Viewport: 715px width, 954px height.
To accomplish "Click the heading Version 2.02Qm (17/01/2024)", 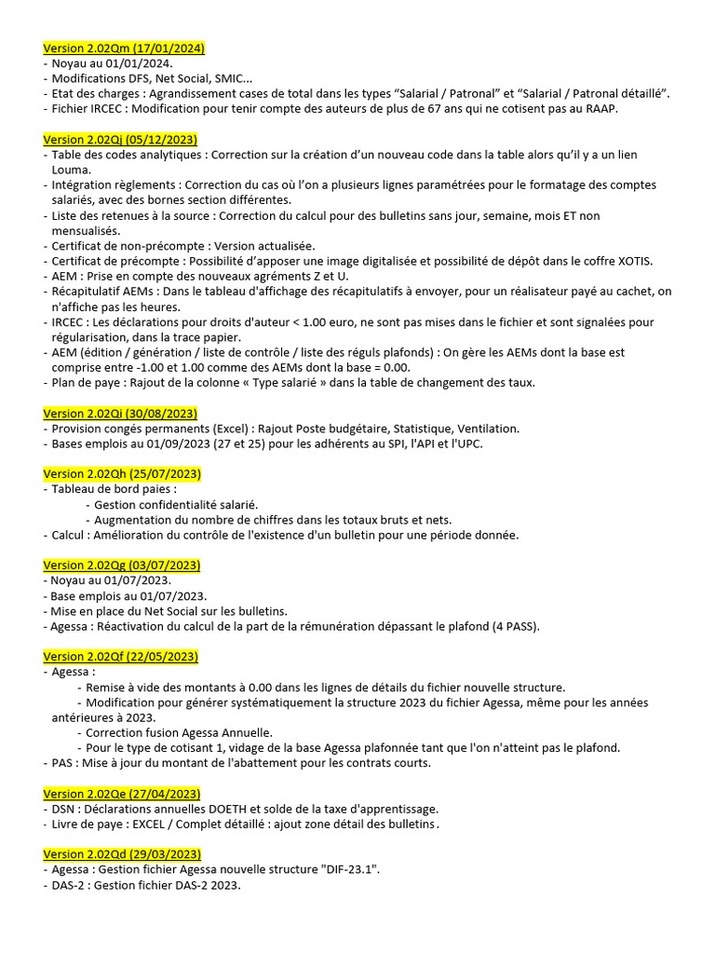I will point(124,48).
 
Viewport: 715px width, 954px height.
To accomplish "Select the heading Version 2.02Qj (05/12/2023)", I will point(120,139).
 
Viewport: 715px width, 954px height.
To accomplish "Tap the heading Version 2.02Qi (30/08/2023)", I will point(120,413).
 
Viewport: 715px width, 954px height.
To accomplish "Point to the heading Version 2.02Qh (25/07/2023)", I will point(122,473).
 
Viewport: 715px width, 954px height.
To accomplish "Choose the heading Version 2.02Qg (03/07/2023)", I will point(122,565).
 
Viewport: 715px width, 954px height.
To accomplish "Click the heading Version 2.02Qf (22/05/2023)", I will point(121,656).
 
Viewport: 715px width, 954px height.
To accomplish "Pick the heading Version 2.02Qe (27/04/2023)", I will point(122,793).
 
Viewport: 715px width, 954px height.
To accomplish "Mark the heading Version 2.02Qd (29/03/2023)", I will point(122,854).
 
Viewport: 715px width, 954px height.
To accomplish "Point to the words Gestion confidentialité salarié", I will point(176,504).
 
